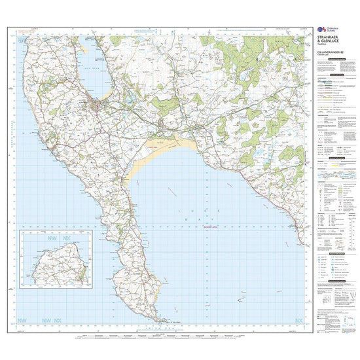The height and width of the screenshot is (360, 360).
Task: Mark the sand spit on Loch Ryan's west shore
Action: pos(88,49)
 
